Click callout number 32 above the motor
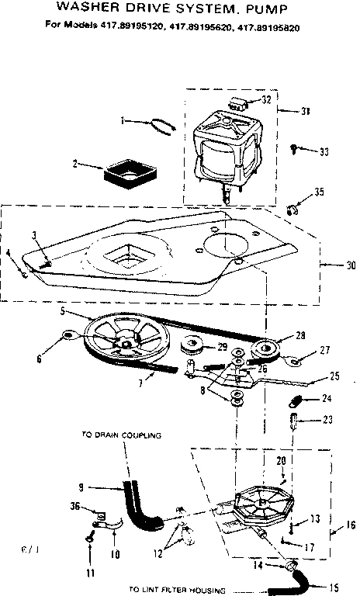pos(267,100)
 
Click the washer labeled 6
pos(68,335)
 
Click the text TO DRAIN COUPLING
pos(122,435)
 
